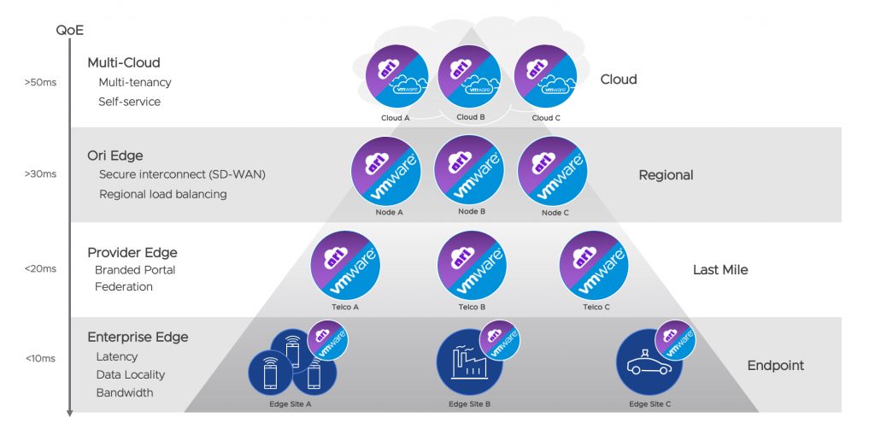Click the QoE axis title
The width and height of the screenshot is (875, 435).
(x=70, y=31)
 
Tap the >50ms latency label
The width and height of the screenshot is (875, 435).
(x=40, y=83)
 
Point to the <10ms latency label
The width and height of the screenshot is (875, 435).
(x=40, y=357)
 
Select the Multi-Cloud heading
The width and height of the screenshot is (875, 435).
(x=123, y=62)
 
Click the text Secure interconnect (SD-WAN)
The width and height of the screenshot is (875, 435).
(x=182, y=174)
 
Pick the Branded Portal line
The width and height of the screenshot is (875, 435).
(x=135, y=269)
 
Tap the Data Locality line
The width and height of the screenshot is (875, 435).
(x=131, y=374)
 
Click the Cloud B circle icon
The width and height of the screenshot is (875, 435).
(x=469, y=76)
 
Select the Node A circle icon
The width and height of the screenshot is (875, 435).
(x=387, y=170)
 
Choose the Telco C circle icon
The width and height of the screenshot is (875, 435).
(x=595, y=265)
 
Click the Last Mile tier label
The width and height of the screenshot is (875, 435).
(x=719, y=270)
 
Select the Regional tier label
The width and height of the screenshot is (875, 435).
(x=666, y=175)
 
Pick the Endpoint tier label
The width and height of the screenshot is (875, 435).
(x=775, y=366)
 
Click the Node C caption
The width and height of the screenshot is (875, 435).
(x=555, y=213)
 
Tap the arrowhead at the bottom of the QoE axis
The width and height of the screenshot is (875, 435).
(x=70, y=413)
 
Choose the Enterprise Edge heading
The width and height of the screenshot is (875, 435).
(x=138, y=337)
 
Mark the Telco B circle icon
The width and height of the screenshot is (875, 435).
(x=472, y=265)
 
